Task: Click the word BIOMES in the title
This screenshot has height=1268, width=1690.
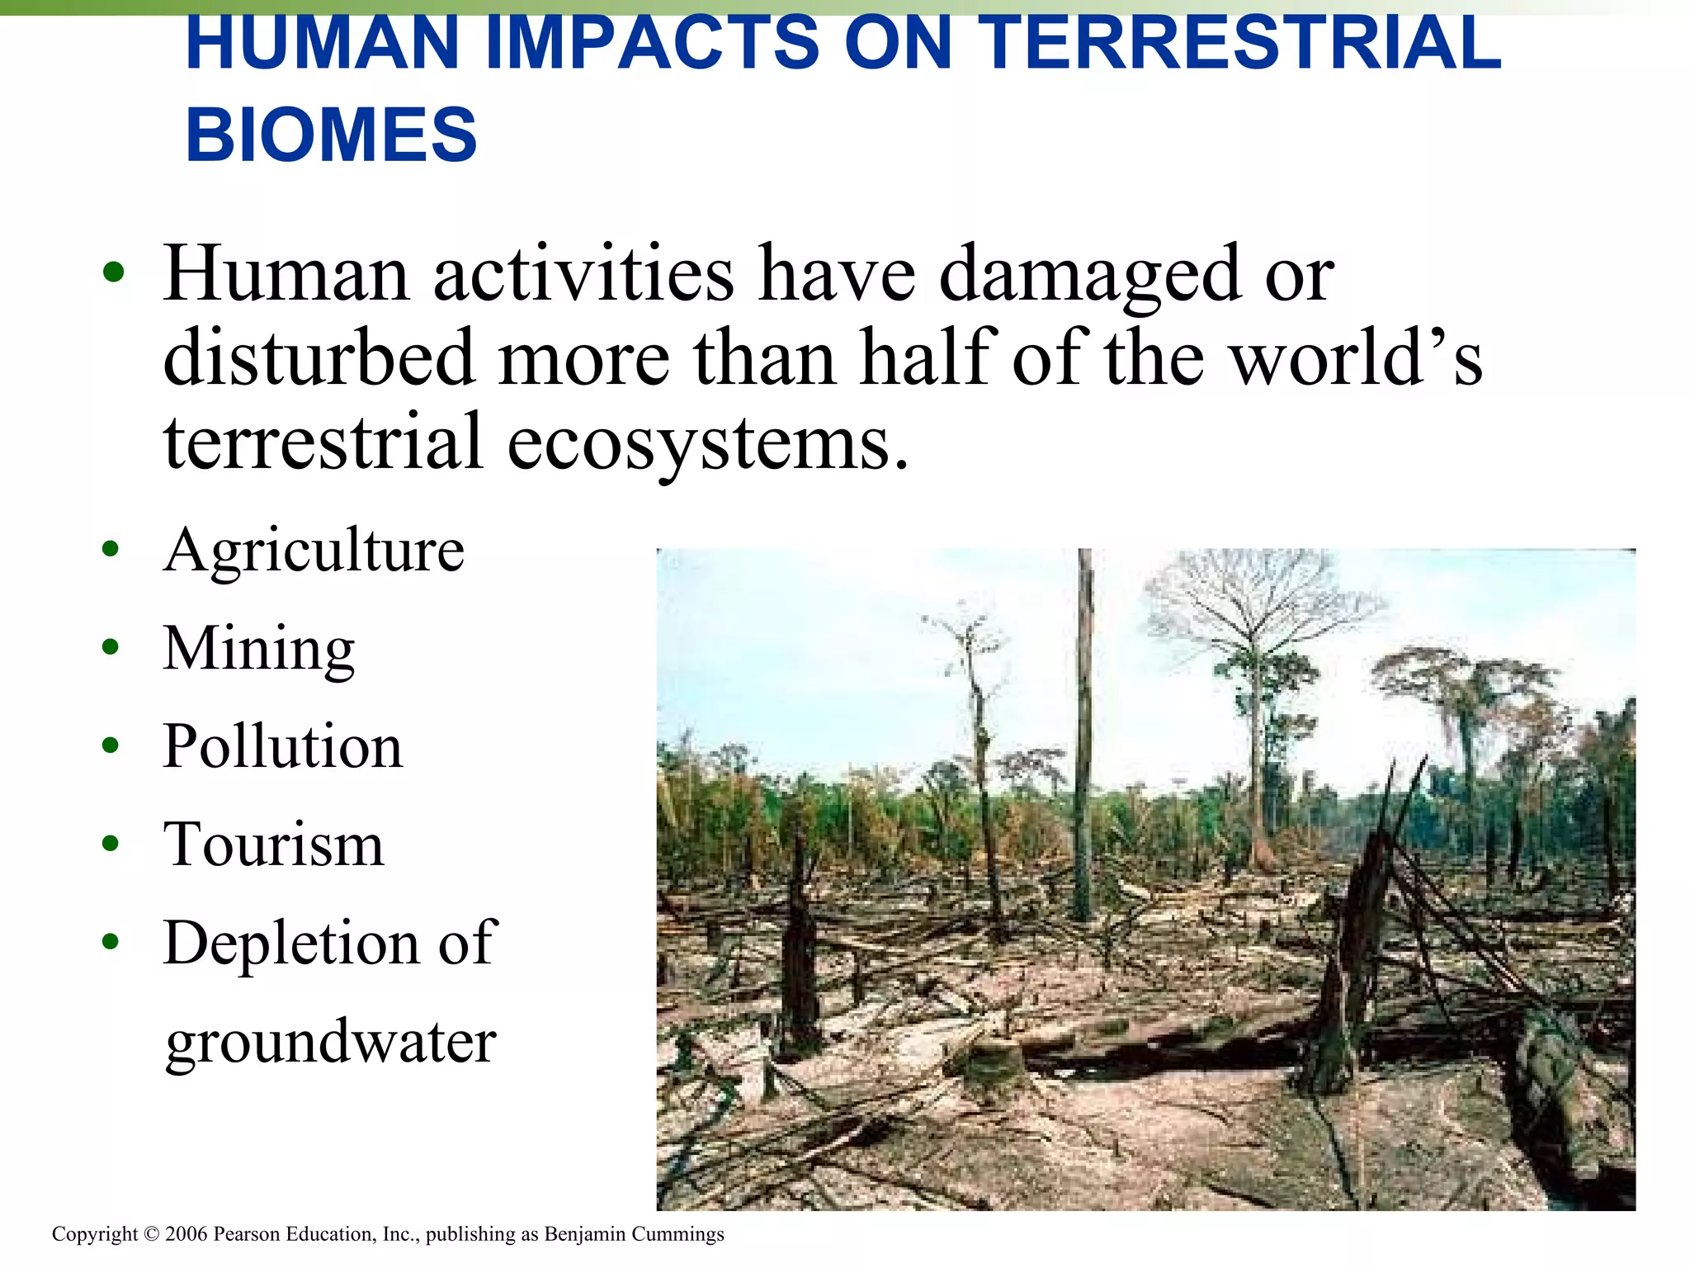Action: coord(331,135)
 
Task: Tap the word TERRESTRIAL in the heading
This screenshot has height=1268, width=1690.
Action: coord(1244,43)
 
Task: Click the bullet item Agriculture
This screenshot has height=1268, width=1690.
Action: coord(314,551)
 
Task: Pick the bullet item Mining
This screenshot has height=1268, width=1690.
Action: coord(259,649)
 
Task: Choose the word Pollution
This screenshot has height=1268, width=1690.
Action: coord(283,746)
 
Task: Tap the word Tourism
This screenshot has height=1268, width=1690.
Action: coord(274,845)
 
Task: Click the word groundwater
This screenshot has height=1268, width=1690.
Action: coord(331,1042)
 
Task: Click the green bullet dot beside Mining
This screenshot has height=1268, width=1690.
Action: coord(111,646)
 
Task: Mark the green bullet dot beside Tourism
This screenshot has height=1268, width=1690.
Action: coord(111,843)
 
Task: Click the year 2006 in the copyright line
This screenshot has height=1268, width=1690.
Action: coord(186,1234)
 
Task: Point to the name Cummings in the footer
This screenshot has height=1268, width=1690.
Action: coord(677,1234)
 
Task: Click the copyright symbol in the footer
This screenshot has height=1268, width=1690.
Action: coord(151,1234)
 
